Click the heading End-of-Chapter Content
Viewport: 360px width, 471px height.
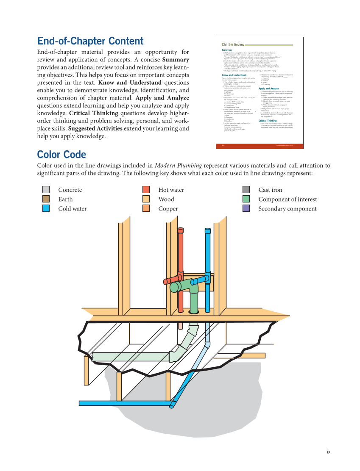(90, 41)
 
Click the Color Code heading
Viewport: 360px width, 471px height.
(61, 154)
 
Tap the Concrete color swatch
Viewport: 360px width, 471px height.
(46, 190)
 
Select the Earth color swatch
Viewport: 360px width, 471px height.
(46, 199)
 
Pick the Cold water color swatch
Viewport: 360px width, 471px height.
(46, 208)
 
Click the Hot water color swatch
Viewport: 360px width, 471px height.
(146, 190)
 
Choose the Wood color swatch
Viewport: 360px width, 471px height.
(146, 199)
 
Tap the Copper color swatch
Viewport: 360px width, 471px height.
(146, 208)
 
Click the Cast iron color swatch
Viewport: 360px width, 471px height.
(246, 190)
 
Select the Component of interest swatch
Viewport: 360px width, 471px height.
(246, 199)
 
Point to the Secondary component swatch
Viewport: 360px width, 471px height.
(246, 208)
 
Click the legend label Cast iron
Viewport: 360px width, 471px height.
(270, 190)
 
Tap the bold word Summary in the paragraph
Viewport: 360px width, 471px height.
(176, 60)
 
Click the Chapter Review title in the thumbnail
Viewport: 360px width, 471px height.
(233, 44)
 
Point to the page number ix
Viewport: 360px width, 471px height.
(328, 452)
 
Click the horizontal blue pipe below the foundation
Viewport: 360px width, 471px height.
(123, 403)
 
